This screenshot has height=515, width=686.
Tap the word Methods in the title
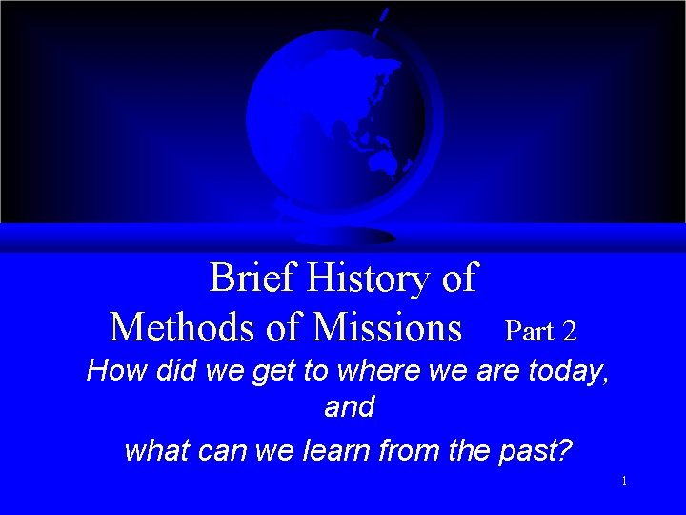[183, 327]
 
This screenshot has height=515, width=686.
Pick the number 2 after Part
[569, 331]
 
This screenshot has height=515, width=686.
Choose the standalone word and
[349, 408]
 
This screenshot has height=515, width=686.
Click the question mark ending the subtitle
[567, 448]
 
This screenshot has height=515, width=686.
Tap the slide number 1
[624, 482]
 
